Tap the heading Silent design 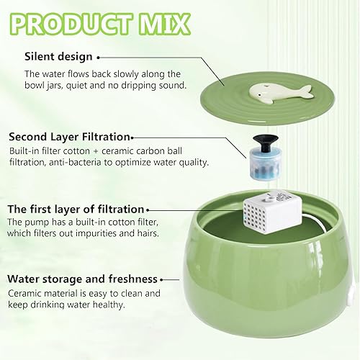point(58,56)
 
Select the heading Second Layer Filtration point(69,135)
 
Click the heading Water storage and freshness point(81,279)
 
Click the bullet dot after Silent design point(99,56)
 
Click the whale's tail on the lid point(306,90)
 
